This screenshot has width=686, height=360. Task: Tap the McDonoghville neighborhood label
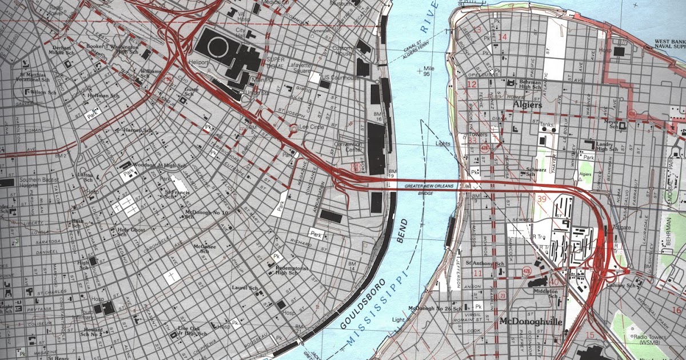(x=531, y=322)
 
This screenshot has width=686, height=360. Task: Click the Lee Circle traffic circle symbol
(x=293, y=128)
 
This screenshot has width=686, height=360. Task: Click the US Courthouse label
(x=341, y=78)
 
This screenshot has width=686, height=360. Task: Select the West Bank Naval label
(x=669, y=46)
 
